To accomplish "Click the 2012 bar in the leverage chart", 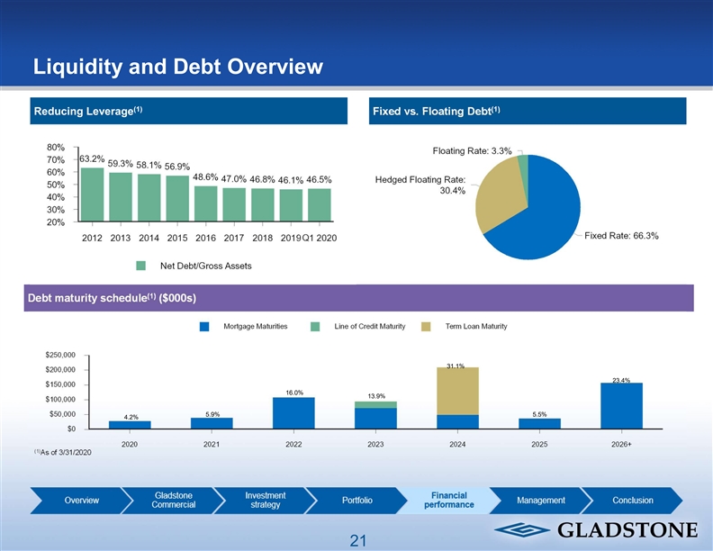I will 92,194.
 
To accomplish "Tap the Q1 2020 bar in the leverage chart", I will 319,203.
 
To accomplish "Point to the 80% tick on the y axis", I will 55,147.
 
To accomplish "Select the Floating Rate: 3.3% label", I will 473,151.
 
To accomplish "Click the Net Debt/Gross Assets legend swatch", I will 140,266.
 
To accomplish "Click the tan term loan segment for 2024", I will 457,391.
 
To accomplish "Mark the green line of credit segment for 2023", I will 375,404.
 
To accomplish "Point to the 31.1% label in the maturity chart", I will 455,366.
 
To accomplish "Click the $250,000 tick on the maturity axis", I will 60,355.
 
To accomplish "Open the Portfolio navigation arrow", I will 357,501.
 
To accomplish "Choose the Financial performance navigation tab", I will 448,501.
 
